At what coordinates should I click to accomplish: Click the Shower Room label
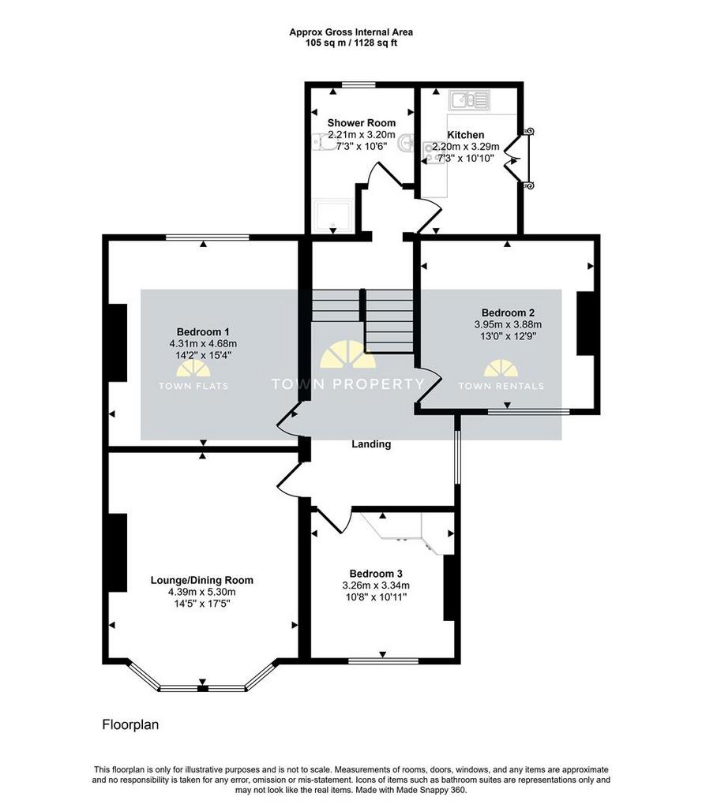point(362,122)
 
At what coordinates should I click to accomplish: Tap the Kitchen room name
point(465,135)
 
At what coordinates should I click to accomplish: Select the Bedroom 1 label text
point(203,332)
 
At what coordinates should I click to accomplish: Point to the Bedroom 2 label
point(508,312)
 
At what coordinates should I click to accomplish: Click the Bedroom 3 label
point(376,574)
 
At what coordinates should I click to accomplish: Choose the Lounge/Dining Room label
point(201,580)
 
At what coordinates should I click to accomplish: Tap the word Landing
point(371,444)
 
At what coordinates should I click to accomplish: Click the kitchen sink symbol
point(469,100)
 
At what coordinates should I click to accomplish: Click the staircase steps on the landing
point(362,320)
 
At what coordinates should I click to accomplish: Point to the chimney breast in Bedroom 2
point(585,324)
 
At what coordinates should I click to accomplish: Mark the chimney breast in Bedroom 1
point(118,342)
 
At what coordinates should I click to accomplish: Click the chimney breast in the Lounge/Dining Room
point(118,552)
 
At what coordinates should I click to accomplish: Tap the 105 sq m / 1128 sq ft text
point(351,43)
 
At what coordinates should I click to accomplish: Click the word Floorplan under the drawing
point(130,724)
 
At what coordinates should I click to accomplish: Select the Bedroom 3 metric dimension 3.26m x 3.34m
point(376,585)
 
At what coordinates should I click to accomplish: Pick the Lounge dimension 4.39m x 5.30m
point(201,593)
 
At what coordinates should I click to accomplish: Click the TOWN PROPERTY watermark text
point(348,384)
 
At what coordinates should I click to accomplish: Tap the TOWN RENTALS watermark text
point(501,386)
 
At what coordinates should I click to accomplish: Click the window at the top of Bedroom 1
point(208,238)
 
